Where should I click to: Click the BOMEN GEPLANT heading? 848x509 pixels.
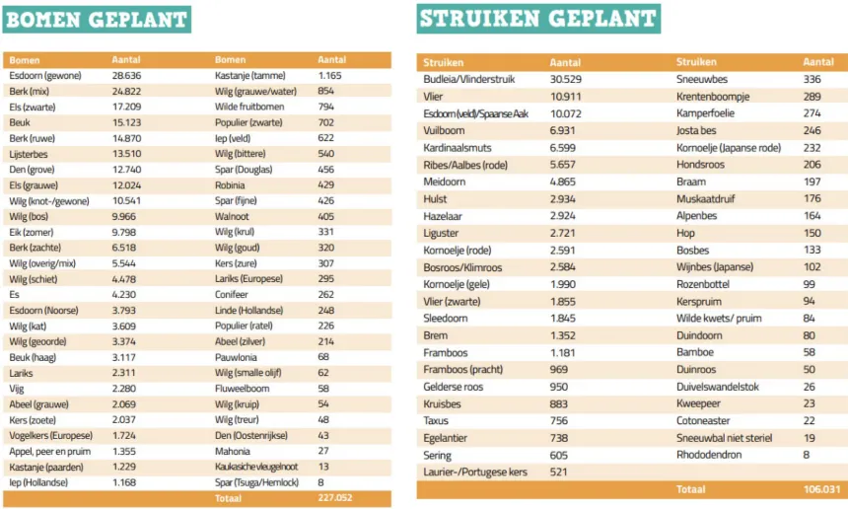(x=96, y=19)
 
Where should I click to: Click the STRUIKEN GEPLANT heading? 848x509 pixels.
(x=537, y=19)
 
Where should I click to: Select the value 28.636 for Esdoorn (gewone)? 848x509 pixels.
(x=127, y=75)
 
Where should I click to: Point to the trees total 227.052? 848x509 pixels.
(x=337, y=498)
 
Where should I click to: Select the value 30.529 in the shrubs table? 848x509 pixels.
(x=569, y=79)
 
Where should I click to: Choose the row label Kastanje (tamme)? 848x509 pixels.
(x=249, y=75)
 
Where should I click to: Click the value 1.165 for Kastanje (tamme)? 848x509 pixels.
(x=329, y=75)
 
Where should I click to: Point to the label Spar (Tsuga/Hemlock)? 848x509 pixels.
(x=256, y=482)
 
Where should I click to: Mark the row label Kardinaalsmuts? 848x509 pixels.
(x=458, y=147)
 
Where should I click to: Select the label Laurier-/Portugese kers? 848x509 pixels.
(x=475, y=473)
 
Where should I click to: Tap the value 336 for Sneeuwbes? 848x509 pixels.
(x=812, y=79)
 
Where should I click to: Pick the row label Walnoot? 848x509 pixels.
(x=233, y=215)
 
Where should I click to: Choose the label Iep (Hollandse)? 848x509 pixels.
(x=38, y=482)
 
